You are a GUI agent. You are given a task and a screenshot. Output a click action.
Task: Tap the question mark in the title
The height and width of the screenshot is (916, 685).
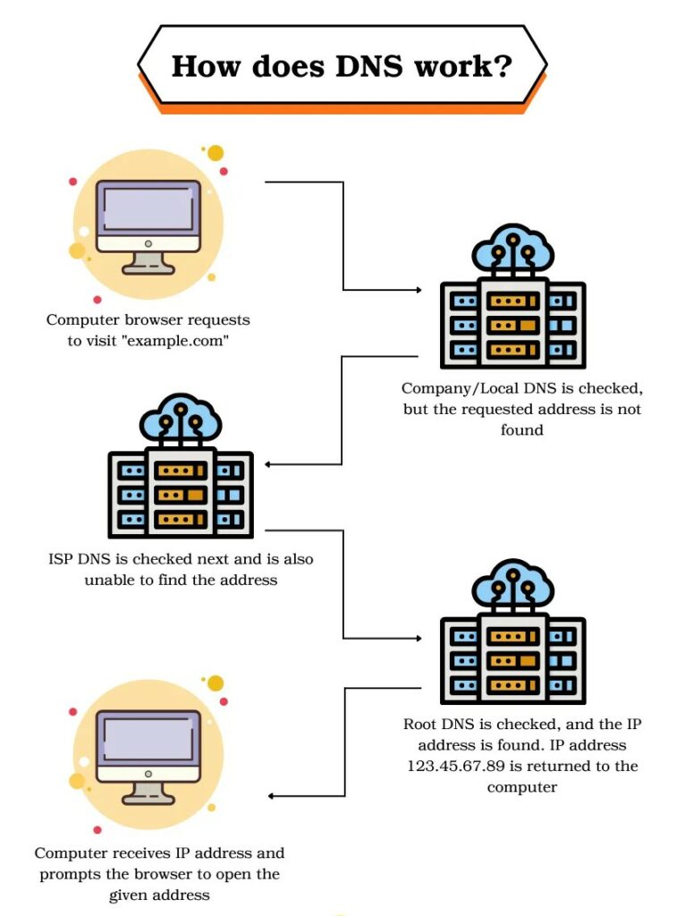click(x=503, y=66)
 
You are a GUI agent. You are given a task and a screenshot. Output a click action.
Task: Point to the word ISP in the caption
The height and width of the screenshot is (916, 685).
click(x=63, y=559)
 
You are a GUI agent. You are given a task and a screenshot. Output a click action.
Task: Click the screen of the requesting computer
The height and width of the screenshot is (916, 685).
click(x=148, y=206)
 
